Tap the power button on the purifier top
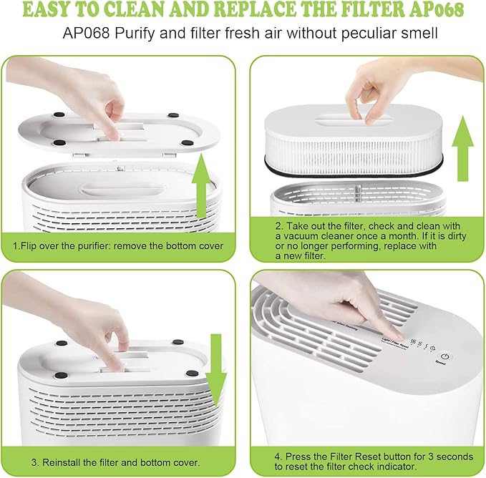point(444,356)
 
